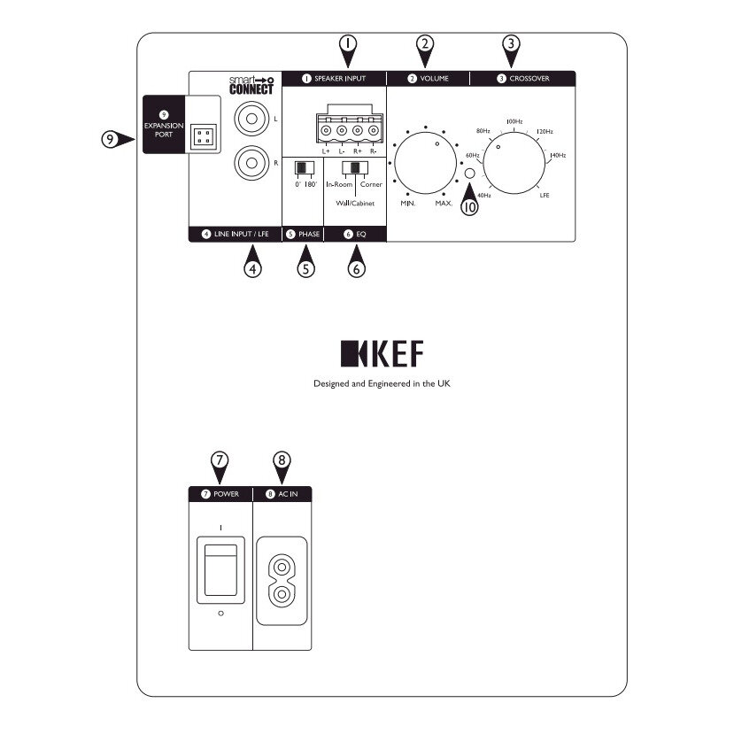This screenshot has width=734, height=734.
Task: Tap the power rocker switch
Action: tap(221, 570)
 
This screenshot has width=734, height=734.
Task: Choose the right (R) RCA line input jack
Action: tap(249, 162)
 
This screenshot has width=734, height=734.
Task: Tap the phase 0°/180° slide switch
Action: tap(304, 167)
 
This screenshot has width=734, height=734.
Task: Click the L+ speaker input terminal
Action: tap(327, 132)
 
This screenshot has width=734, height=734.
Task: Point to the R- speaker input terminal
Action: tap(373, 132)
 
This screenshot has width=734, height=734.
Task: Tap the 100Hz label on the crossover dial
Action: tap(514, 120)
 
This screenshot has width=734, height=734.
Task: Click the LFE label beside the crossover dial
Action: tap(545, 195)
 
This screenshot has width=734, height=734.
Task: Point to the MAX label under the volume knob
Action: tap(443, 203)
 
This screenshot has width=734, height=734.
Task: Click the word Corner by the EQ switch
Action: tap(371, 184)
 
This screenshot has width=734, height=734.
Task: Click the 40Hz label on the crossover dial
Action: tap(483, 195)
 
